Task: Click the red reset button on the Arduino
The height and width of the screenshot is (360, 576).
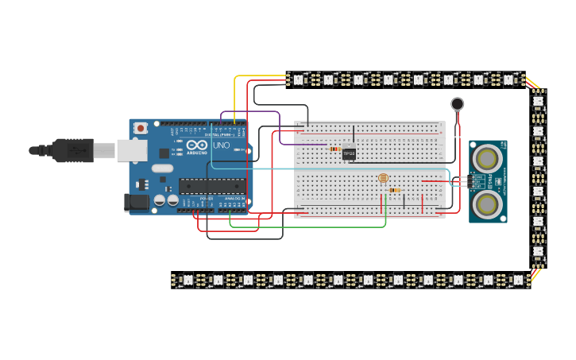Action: [141, 128]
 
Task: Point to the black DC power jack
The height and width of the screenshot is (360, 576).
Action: [137, 203]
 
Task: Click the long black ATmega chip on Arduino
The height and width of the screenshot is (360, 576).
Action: [212, 186]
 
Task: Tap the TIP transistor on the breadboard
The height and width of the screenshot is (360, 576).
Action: [349, 153]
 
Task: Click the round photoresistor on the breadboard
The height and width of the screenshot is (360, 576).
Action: [383, 178]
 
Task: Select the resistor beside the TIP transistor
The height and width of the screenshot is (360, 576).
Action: [335, 149]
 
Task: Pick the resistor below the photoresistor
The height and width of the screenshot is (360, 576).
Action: [395, 190]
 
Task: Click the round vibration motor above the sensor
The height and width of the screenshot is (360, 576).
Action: [458, 103]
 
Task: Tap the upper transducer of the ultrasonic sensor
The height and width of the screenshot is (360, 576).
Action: [486, 159]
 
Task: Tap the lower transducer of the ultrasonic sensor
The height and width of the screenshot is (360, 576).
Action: [486, 203]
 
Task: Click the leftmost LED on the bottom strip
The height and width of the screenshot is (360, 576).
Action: [187, 280]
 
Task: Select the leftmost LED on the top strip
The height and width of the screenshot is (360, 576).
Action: [298, 79]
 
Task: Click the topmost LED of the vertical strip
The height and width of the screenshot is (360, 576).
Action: [538, 100]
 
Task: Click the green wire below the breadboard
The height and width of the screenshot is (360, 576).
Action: [310, 226]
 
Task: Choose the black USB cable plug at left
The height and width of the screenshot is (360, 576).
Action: [71, 149]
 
